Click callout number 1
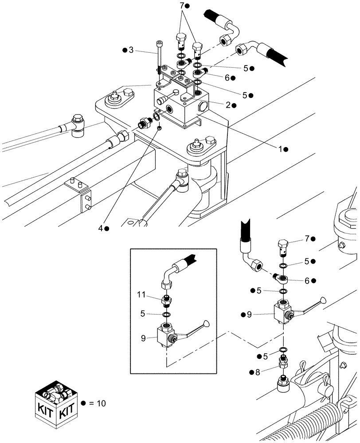coord(281,150)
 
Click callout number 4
coord(101,228)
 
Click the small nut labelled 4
coord(160,127)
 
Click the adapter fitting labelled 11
coord(168,301)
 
